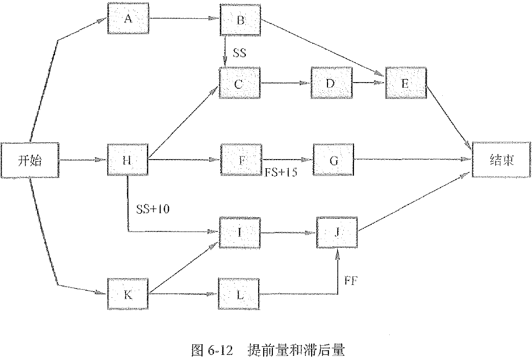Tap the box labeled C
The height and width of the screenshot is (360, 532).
[239, 84]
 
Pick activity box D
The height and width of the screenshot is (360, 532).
[330, 83]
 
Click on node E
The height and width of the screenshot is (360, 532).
[406, 84]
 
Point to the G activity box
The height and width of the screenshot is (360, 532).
[334, 160]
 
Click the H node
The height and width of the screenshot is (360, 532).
[128, 160]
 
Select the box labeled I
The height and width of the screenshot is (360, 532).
[239, 233]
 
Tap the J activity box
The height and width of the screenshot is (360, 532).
[337, 233]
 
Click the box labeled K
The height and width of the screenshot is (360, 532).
[128, 294]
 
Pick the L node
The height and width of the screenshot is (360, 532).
[239, 294]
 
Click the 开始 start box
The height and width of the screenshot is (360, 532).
[29, 160]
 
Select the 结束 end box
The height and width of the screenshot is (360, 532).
[501, 160]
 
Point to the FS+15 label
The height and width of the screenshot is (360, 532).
[281, 172]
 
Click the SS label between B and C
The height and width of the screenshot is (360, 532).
[239, 53]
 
